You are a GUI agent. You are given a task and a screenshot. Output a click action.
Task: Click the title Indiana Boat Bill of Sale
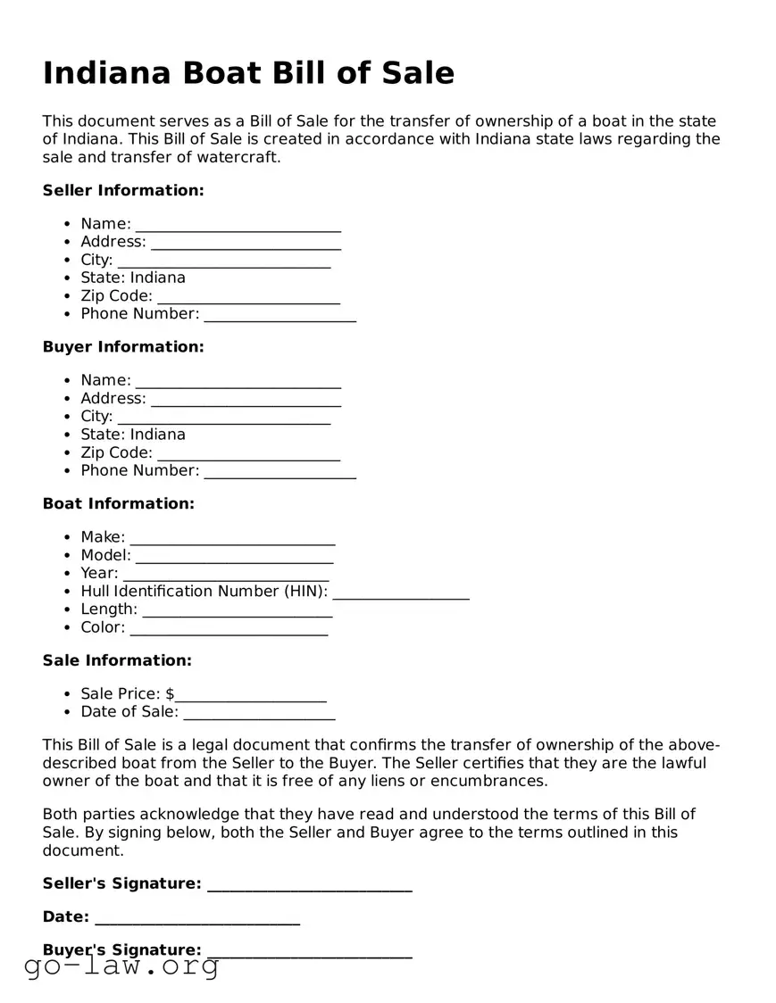[x=248, y=73]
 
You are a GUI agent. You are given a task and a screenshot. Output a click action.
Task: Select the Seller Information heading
[x=123, y=190]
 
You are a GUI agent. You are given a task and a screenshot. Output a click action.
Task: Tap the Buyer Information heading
[x=123, y=346]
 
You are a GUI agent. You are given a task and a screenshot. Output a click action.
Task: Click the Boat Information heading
[x=118, y=503]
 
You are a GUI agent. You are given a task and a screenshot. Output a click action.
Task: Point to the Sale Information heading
[x=117, y=660]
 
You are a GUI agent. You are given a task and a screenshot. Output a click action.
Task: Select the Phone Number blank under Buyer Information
[x=280, y=473]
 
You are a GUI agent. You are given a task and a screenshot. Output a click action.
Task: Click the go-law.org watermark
[x=121, y=966]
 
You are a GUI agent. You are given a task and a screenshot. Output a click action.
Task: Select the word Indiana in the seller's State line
[x=158, y=278]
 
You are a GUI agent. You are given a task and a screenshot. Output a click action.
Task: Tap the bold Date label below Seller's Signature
[x=65, y=916]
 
